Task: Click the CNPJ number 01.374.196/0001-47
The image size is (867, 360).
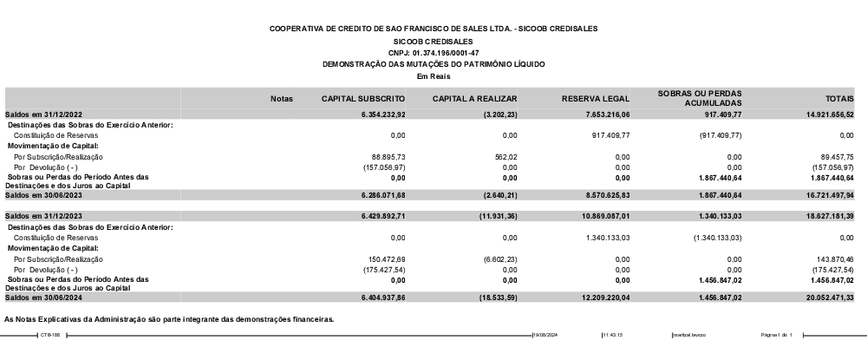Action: (433, 53)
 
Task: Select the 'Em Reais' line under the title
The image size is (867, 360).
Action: (433, 75)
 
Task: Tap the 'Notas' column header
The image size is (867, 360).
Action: (282, 98)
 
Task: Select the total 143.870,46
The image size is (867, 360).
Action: (835, 259)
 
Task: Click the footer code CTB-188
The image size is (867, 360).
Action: (49, 335)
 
